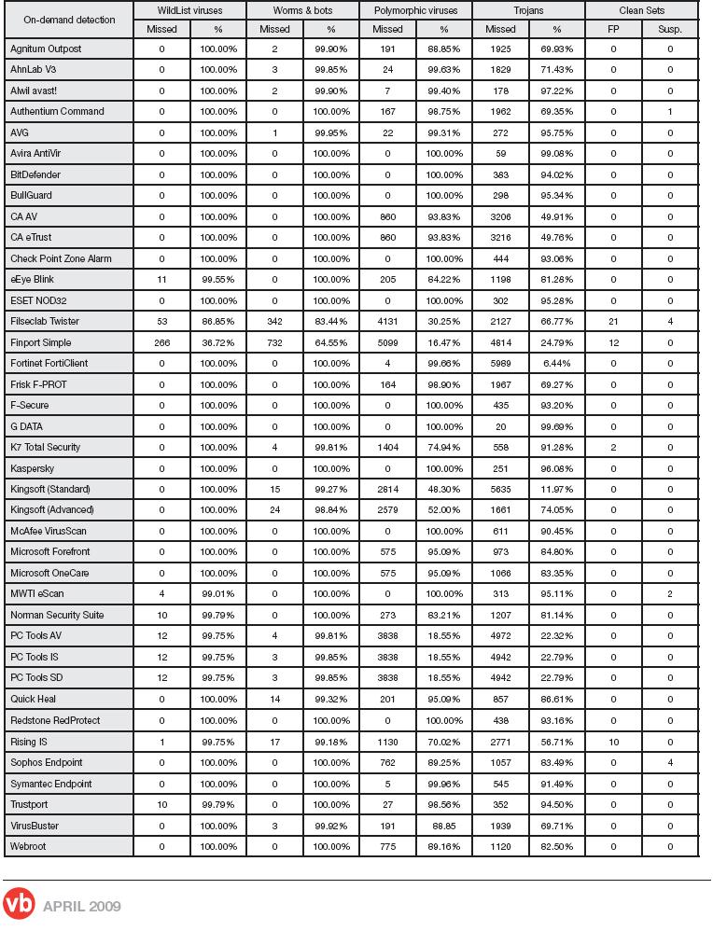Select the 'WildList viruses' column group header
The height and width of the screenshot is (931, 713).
coord(189,11)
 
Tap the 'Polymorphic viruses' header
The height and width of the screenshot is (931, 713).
coord(415,11)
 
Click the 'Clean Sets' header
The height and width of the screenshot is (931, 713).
coord(641,11)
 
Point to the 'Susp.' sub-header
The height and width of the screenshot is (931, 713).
coord(669,29)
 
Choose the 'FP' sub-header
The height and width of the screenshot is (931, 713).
coord(613,29)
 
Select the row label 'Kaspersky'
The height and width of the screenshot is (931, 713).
coord(33,468)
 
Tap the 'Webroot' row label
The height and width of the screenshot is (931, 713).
coord(28,846)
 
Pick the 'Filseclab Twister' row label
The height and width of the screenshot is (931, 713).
coord(45,322)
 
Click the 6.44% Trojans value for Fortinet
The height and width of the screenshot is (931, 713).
coord(556,364)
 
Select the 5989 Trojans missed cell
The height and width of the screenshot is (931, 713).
coord(500,364)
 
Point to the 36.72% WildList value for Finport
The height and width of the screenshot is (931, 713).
coord(218,342)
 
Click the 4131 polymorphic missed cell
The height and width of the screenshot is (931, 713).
coord(387,322)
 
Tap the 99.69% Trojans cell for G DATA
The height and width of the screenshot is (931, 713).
coord(556,426)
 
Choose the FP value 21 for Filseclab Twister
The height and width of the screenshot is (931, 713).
coord(613,322)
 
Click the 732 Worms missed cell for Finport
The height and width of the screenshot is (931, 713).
coord(274,342)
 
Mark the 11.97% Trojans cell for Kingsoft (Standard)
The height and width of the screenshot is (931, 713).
coord(556,489)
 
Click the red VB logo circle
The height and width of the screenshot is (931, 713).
coord(19,905)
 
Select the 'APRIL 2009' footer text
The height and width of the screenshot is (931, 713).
coord(82,906)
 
